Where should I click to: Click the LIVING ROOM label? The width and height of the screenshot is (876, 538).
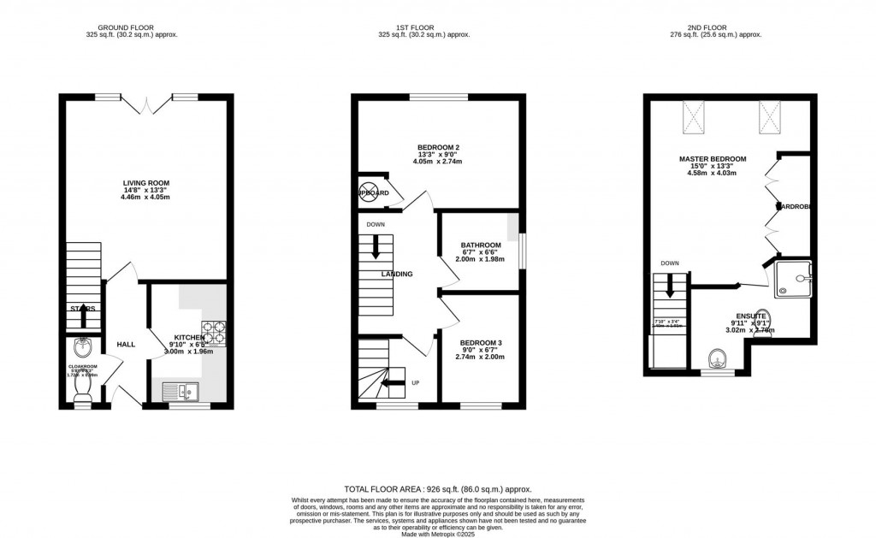144,182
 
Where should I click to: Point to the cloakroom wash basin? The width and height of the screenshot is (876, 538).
83,347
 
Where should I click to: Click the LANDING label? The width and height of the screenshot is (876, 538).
397,275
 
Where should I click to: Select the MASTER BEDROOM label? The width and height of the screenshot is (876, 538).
713,159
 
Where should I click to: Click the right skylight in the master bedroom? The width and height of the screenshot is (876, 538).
769,118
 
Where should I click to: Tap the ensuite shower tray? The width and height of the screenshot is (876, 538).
793,278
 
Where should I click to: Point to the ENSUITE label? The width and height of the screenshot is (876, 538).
749,316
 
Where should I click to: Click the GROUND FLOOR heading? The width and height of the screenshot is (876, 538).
131,26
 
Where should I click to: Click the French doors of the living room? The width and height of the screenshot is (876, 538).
147,104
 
